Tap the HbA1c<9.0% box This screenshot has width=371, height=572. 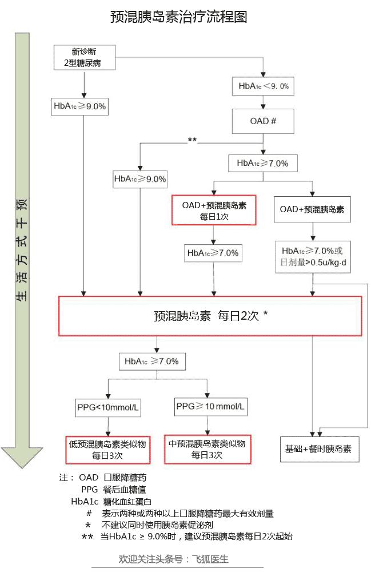(263, 86)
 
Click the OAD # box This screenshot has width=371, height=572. (264, 121)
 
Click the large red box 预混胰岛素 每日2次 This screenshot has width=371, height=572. (211, 315)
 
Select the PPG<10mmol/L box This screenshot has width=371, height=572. (108, 407)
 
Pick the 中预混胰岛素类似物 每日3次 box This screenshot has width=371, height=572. (206, 448)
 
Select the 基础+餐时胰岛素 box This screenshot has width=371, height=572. (319, 449)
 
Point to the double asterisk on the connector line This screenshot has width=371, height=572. (192, 140)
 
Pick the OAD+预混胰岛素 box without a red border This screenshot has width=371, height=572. (312, 210)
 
